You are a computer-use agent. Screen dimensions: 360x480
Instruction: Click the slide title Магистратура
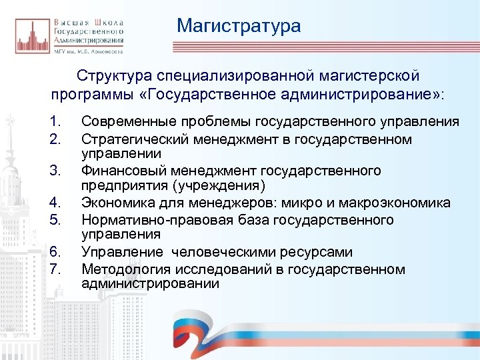point(239,26)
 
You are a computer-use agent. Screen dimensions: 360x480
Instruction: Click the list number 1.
point(55,121)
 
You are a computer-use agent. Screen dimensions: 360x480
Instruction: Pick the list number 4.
point(55,203)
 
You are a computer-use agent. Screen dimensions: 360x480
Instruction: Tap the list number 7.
point(55,269)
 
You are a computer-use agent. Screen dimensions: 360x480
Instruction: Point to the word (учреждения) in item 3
point(223,185)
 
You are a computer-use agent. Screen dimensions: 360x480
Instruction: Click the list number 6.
point(55,252)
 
